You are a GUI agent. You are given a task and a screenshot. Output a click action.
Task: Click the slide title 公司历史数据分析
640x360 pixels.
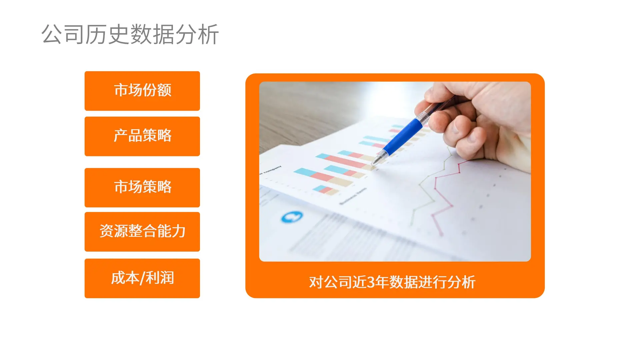click(130, 34)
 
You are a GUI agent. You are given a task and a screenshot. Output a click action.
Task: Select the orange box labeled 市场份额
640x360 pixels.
click(142, 91)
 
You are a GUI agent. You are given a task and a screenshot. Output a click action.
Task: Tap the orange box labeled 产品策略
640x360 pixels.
click(142, 136)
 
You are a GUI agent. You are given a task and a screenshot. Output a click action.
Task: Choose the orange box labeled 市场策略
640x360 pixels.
click(142, 187)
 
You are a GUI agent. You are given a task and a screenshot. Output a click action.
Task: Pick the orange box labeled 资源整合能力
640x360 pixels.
click(142, 232)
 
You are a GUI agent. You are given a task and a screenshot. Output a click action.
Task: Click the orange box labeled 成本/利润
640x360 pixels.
click(142, 278)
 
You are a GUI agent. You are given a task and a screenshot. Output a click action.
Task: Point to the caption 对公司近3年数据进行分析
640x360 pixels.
click(392, 282)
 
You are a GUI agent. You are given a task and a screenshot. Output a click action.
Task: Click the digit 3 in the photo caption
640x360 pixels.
click(370, 282)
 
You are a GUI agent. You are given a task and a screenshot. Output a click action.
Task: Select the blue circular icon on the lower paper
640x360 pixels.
click(292, 217)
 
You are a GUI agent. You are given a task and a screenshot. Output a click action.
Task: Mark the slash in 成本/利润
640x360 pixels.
click(142, 278)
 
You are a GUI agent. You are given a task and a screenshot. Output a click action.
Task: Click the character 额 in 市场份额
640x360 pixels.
click(164, 90)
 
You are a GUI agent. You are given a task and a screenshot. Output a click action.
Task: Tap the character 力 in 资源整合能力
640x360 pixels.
click(179, 231)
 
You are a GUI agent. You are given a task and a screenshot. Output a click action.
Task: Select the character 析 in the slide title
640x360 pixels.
click(208, 34)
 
